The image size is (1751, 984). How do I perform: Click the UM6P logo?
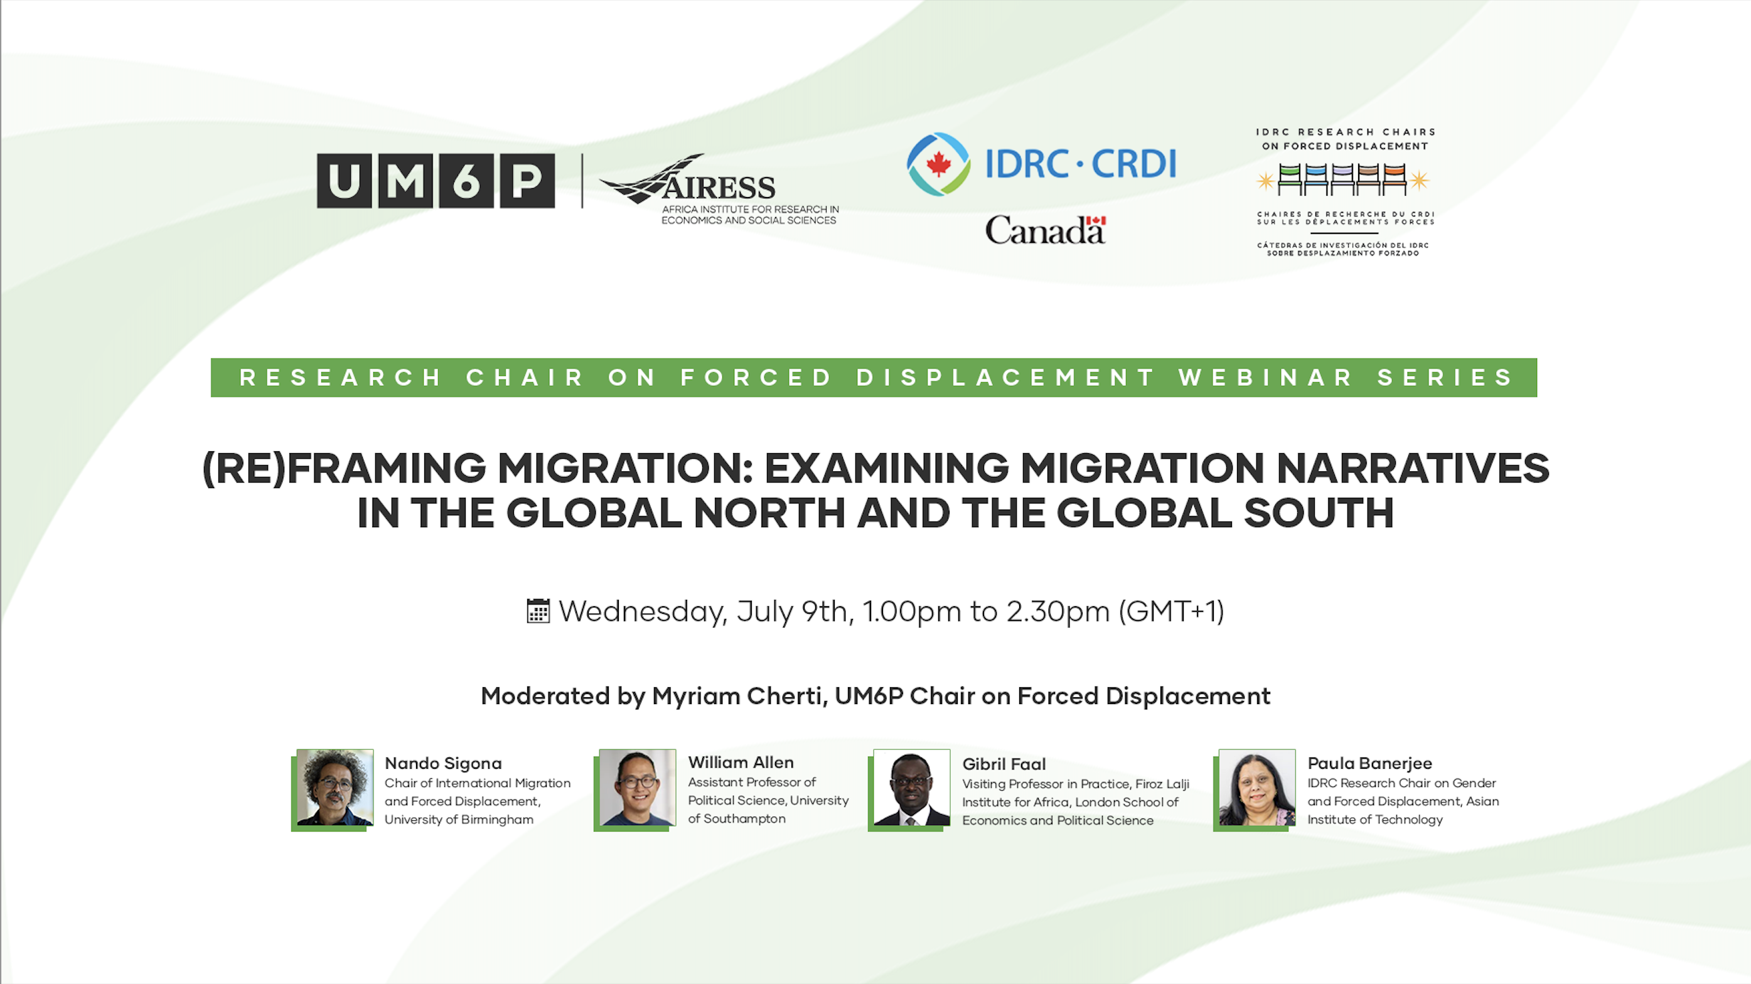(436, 181)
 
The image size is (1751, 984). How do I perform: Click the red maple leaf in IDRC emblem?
(939, 164)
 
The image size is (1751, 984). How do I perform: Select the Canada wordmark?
(1046, 230)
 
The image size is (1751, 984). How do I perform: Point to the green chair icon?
(1290, 179)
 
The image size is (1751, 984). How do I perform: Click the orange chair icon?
(1394, 179)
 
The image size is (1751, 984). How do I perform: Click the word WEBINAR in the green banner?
(1266, 377)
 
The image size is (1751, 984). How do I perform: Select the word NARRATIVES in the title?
(1413, 468)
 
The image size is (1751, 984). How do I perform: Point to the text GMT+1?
(1172, 611)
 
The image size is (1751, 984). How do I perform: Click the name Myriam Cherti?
(737, 696)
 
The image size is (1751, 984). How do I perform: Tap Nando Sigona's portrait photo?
(335, 788)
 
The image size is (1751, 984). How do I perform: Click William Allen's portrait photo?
(637, 788)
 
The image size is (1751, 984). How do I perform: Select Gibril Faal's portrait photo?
(911, 788)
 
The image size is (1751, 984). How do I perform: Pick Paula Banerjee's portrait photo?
(1257, 788)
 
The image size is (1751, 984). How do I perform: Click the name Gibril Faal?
(1004, 764)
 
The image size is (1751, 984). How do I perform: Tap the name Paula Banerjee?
(1369, 763)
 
